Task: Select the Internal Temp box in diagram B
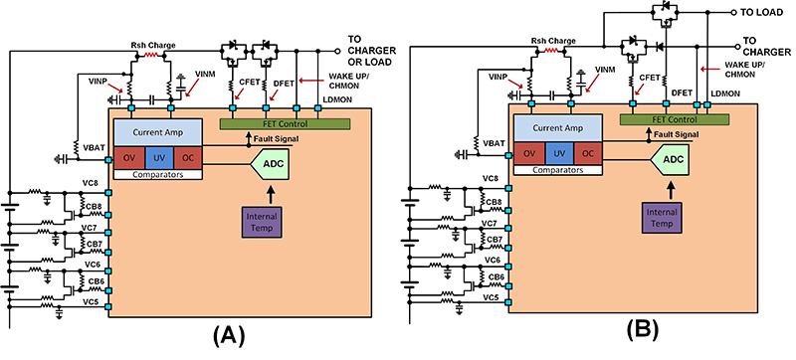point(657,213)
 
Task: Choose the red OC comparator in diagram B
point(588,153)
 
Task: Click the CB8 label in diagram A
point(93,207)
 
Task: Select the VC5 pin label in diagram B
point(491,297)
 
